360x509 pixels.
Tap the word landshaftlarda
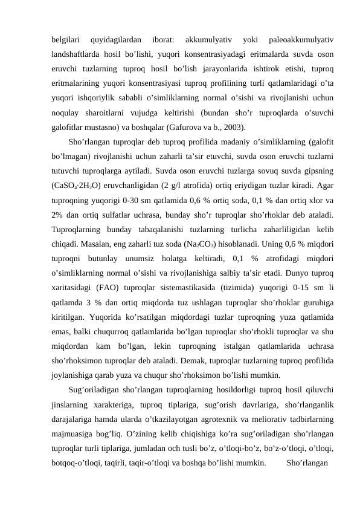coord(79,55)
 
